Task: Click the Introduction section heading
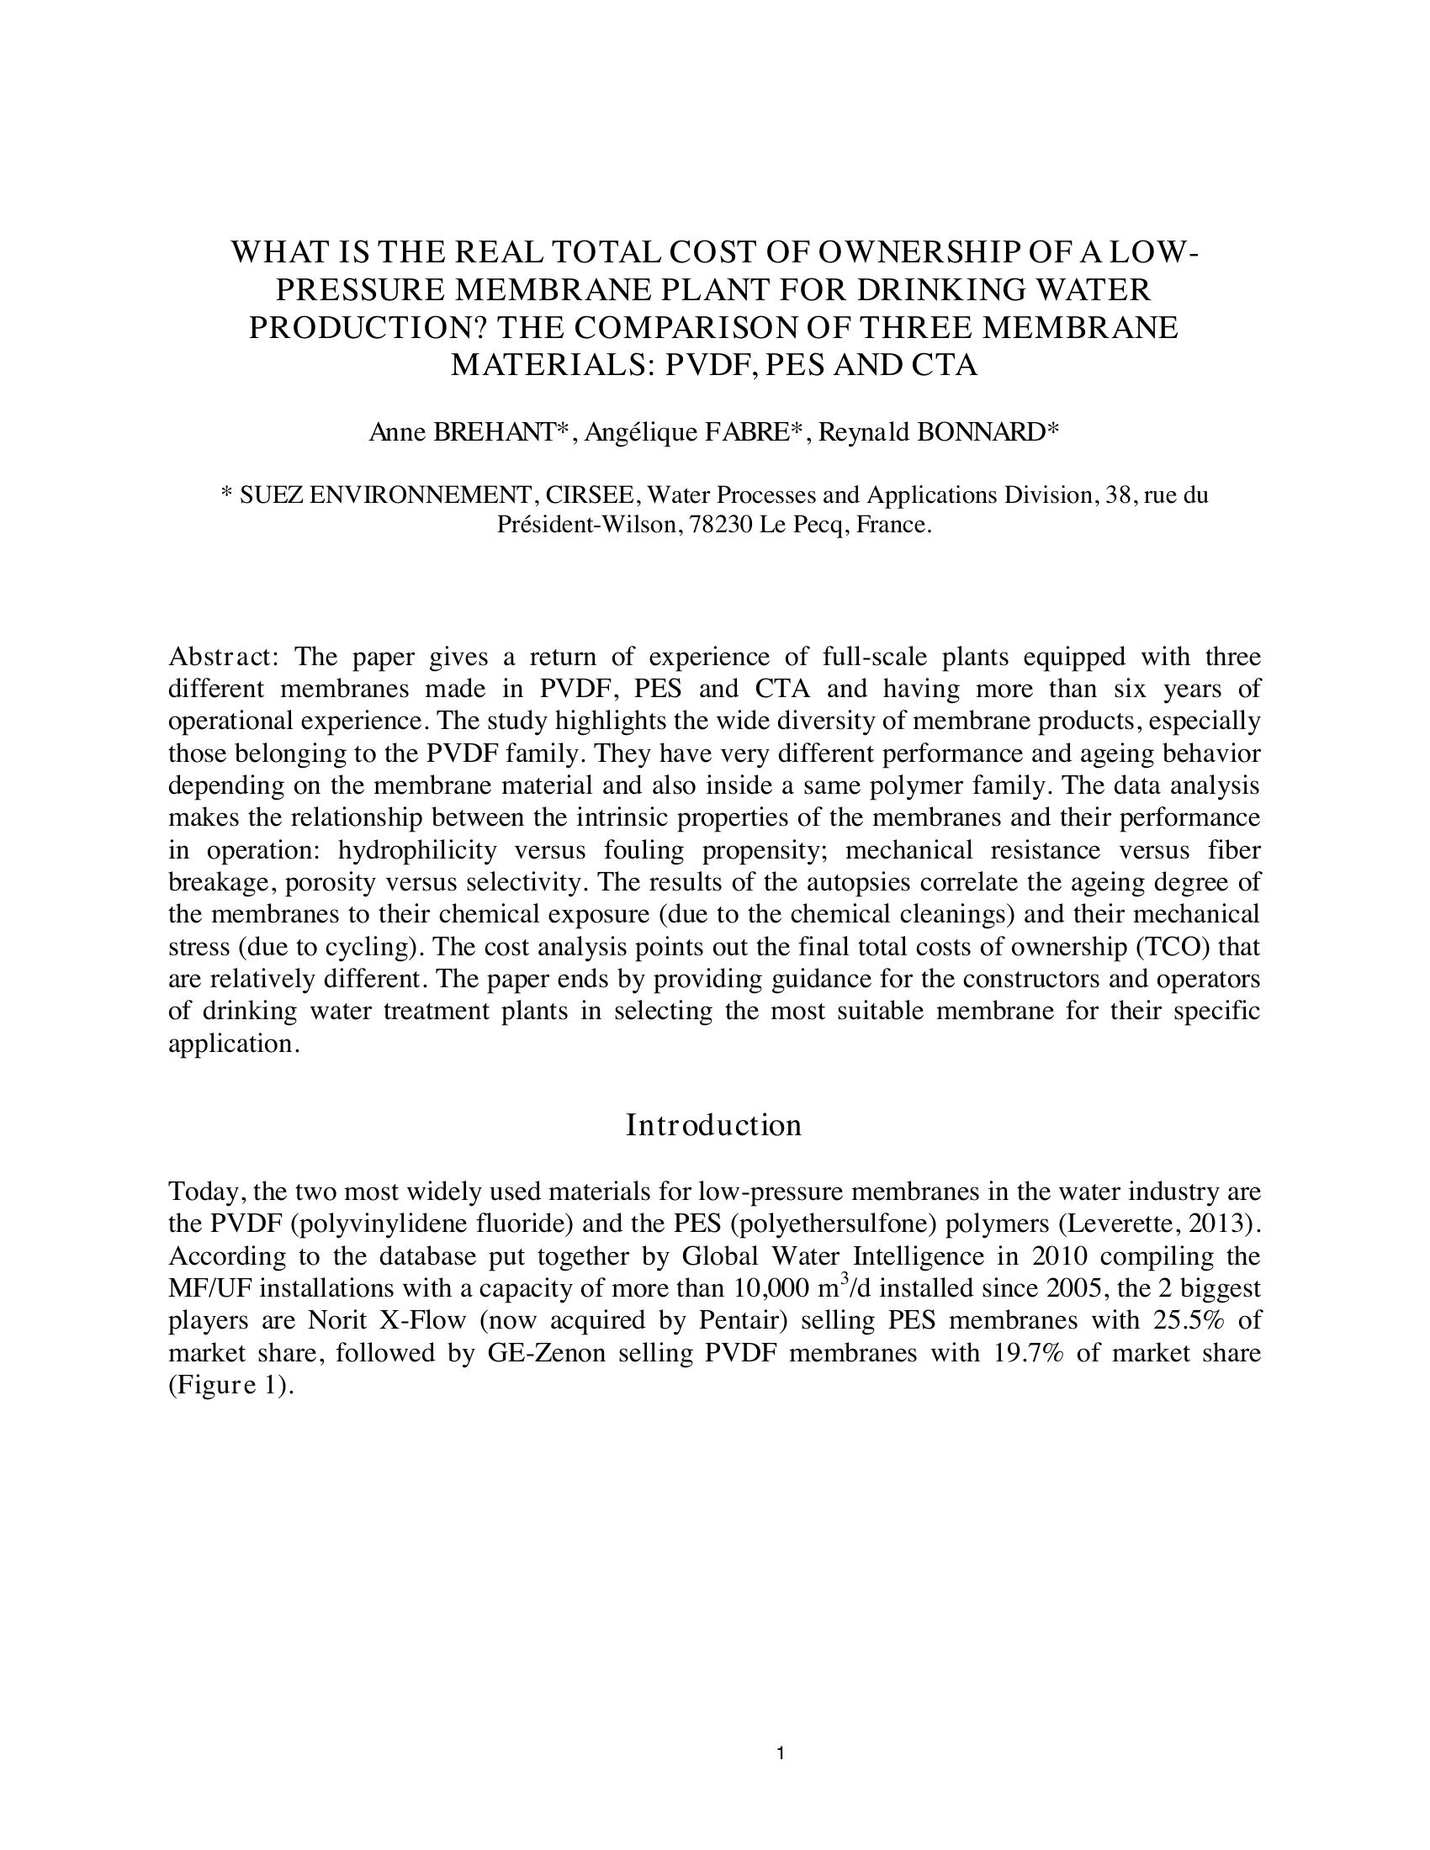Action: tap(713, 1126)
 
